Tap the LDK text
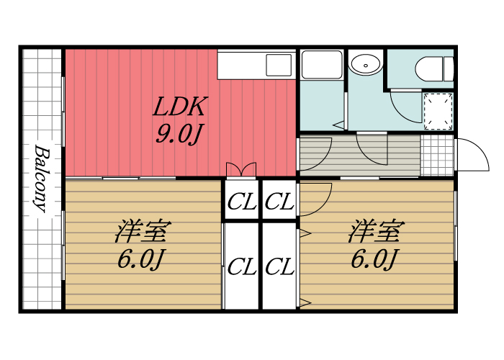tap(181, 107)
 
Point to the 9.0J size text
tap(177, 134)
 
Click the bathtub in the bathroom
tap(321, 66)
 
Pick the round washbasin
tap(366, 65)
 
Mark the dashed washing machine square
tap(437, 112)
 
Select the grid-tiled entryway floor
tap(436, 154)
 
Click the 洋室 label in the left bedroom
tap(143, 233)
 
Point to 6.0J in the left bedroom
tap(142, 258)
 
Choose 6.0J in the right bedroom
tap(374, 258)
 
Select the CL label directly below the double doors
tap(241, 202)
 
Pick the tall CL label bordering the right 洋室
tap(279, 268)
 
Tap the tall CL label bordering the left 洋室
tap(241, 268)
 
